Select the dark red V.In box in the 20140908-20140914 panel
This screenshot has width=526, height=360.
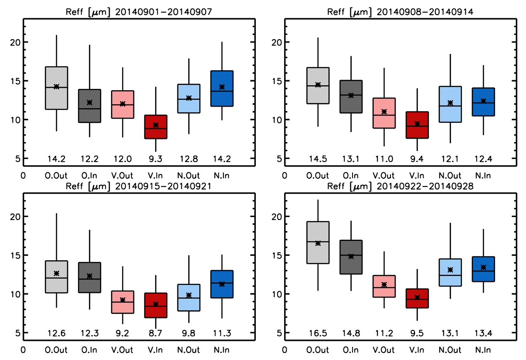click(x=417, y=125)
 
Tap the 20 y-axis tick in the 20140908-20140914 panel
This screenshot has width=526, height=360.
click(x=277, y=42)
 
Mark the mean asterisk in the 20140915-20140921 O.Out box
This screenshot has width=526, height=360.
click(x=56, y=273)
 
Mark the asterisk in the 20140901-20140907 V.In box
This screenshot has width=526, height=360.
click(x=156, y=125)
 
